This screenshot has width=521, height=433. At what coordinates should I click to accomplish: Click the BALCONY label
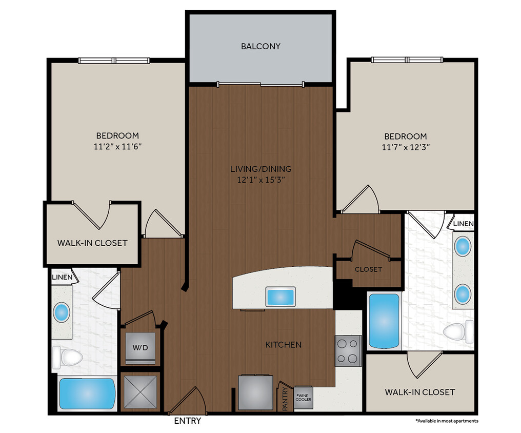260,46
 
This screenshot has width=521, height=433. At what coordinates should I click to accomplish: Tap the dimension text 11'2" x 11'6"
117,146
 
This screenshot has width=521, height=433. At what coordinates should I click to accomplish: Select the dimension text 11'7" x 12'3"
406,147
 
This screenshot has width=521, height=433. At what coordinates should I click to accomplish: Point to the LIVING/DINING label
260,168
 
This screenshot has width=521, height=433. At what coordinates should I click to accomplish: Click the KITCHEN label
283,345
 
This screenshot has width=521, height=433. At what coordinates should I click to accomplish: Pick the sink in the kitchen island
280,297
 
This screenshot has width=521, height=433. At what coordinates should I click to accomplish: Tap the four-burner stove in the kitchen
348,351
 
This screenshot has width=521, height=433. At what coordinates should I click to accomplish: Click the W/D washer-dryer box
141,347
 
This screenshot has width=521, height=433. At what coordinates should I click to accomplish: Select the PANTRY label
285,400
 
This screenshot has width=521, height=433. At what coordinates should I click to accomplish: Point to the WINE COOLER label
303,398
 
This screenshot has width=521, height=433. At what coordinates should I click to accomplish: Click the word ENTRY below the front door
187,421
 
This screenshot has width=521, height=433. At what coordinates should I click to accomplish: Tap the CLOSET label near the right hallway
368,269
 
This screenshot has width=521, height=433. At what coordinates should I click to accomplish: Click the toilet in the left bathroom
68,357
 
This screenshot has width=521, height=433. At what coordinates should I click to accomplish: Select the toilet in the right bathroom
458,331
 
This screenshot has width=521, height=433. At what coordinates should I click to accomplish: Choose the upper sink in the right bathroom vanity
463,247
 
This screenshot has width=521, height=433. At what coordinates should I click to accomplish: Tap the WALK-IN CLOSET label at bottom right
419,392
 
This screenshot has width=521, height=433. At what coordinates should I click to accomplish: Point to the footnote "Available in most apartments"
447,421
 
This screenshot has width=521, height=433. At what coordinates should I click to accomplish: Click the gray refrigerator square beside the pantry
255,391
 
